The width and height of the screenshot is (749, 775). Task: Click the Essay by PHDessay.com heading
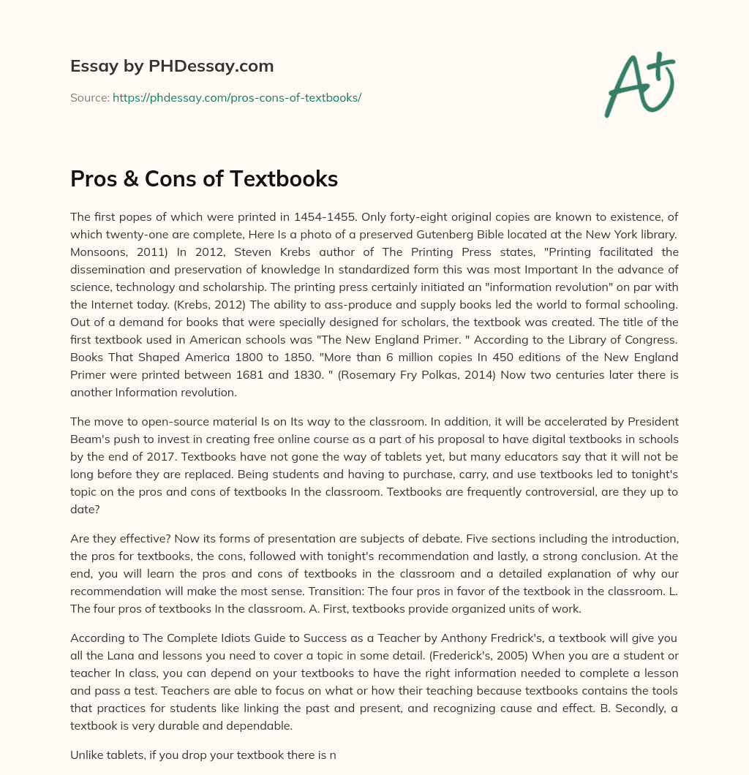pos(172,67)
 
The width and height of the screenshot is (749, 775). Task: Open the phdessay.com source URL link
pos(237,97)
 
